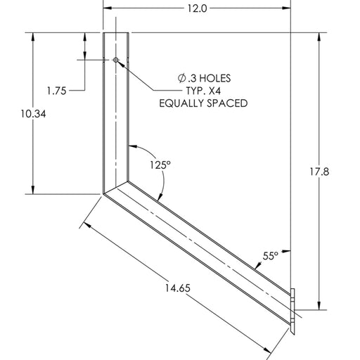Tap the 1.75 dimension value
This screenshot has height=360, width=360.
[61, 90]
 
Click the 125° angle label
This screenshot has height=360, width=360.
[159, 165]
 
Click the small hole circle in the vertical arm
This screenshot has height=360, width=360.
[116, 61]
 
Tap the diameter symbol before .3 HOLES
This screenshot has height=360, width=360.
[181, 77]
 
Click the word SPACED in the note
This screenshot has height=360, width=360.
[229, 103]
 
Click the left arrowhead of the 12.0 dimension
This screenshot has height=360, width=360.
[108, 9]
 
